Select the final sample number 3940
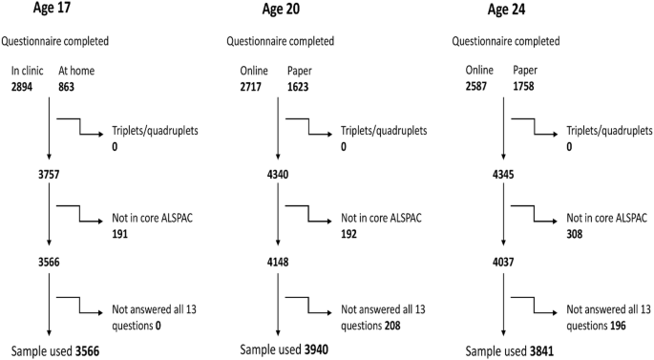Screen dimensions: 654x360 pyautogui.click(x=314, y=351)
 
